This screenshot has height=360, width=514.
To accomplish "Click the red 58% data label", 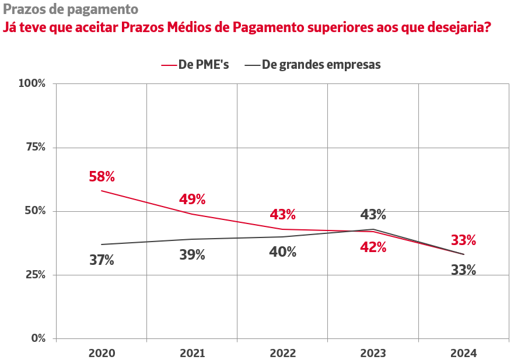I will [x=102, y=176].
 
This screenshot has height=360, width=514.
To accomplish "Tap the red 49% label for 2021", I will [x=192, y=200].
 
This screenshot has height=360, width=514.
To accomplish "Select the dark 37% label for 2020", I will [x=102, y=260].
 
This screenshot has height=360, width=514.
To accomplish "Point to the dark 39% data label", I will [x=192, y=255].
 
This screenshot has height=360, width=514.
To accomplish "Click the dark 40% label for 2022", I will [x=283, y=252].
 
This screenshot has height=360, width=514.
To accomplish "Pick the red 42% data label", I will [x=373, y=247].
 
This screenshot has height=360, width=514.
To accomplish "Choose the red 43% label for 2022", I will [x=283, y=215].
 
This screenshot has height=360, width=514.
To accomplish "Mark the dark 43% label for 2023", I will [x=373, y=215].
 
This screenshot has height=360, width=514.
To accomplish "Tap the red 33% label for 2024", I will [x=464, y=240].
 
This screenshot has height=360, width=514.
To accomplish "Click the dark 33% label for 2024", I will [x=464, y=270].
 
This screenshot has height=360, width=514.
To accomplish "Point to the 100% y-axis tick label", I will [x=32, y=83].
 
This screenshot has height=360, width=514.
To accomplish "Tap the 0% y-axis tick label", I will [x=38, y=338].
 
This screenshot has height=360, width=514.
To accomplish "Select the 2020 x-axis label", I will [x=102, y=353].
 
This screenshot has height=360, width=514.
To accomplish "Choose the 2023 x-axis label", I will [x=373, y=353].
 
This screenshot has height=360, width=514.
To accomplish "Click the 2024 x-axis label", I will [x=464, y=353].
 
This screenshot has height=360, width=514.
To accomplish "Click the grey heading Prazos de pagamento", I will [x=71, y=9].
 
